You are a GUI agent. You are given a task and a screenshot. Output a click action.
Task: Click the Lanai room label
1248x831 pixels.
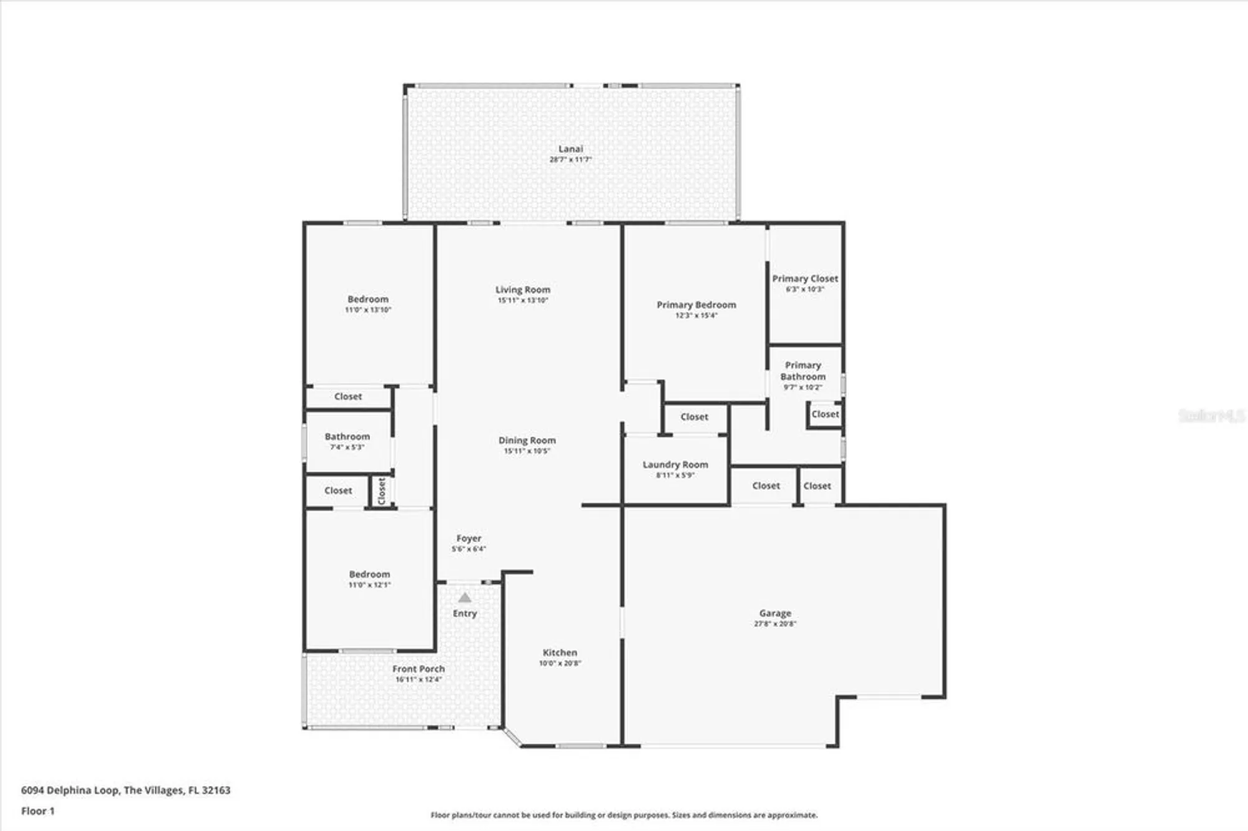(x=570, y=148)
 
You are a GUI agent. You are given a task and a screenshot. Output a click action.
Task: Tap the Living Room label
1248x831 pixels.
(x=523, y=289)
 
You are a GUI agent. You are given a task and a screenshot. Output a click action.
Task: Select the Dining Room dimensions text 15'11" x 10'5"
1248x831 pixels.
(x=527, y=451)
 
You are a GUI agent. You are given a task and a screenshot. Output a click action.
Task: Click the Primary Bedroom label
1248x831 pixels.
(x=696, y=304)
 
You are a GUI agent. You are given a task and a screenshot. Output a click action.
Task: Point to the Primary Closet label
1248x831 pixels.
(x=805, y=278)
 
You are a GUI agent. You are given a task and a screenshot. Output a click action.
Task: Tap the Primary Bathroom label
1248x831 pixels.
(x=802, y=371)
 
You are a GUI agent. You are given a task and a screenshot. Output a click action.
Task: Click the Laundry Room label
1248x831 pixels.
(x=675, y=464)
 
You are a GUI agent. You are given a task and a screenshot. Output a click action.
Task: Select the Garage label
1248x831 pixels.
(x=775, y=613)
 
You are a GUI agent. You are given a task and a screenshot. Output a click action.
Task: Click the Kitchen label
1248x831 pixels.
(x=560, y=653)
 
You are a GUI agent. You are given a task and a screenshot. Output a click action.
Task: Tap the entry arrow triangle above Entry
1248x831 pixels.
(x=465, y=598)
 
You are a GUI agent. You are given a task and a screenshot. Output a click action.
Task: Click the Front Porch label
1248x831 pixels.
(x=418, y=669)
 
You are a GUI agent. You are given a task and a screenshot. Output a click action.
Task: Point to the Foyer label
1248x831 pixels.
(x=469, y=538)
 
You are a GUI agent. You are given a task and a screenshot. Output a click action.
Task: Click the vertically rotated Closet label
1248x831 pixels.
(x=382, y=491)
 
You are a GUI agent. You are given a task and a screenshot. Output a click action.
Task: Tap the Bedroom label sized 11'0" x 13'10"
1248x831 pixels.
(x=368, y=299)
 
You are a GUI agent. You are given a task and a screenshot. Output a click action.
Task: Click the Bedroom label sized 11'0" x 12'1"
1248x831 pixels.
(x=369, y=574)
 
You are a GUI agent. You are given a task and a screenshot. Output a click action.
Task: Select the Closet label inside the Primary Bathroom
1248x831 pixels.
(x=825, y=414)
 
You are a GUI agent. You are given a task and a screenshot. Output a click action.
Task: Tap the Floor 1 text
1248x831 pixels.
(x=38, y=811)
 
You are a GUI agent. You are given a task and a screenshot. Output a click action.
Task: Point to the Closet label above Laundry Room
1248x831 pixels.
(x=694, y=417)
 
